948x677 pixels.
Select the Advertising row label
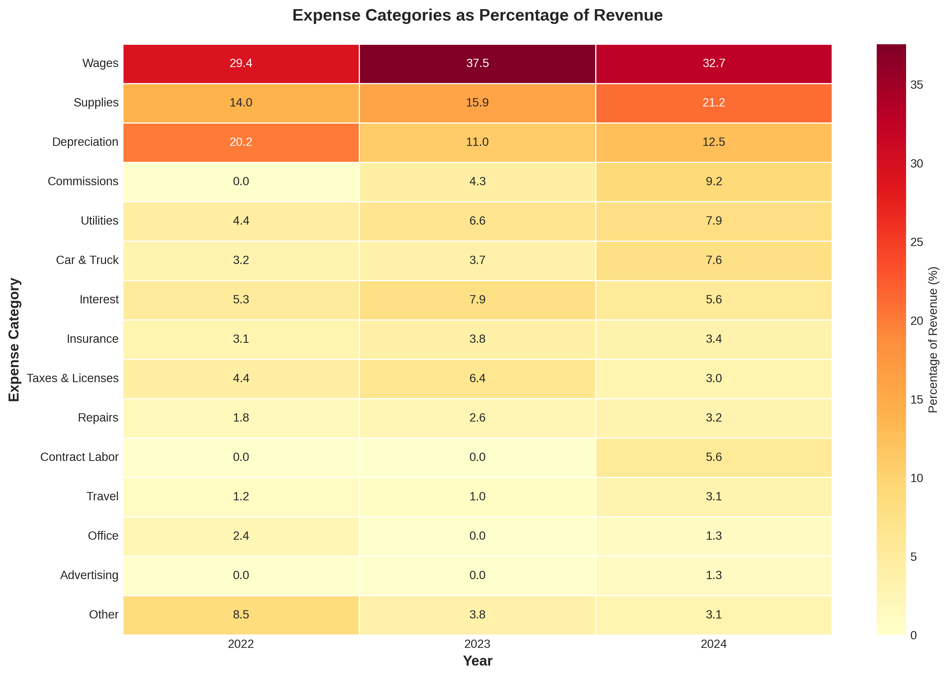tap(89, 575)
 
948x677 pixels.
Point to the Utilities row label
tap(99, 221)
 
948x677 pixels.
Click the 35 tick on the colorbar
tap(916, 85)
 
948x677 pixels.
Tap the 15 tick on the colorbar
tap(916, 400)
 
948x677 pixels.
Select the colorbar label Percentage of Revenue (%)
tap(933, 340)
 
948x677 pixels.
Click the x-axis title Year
tap(477, 661)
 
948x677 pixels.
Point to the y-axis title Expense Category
tap(14, 340)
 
